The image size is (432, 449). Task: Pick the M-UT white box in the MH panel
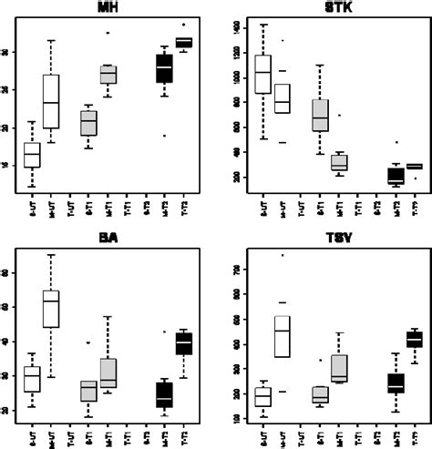click(x=51, y=102)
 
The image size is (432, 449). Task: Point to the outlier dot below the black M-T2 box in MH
click(x=164, y=136)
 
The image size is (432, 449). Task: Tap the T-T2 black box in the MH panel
click(x=183, y=43)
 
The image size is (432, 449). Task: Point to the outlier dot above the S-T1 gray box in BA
click(x=88, y=343)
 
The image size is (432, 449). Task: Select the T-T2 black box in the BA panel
click(x=183, y=343)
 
